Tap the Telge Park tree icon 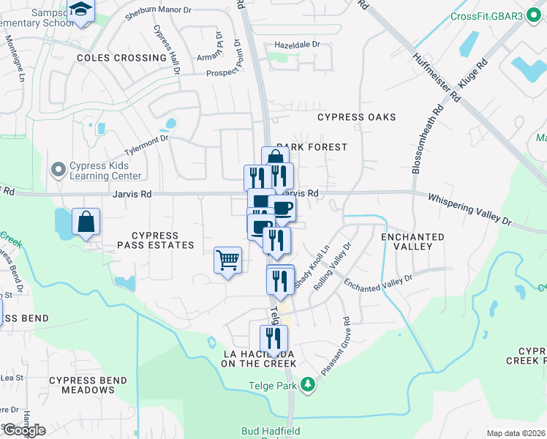click(x=309, y=383)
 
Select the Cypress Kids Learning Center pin click(x=59, y=170)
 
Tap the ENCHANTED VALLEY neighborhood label click(x=412, y=242)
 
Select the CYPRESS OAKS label click(x=356, y=117)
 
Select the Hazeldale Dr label click(x=297, y=45)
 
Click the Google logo click(x=23, y=430)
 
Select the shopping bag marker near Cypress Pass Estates click(x=86, y=222)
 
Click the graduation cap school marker click(x=80, y=11)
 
